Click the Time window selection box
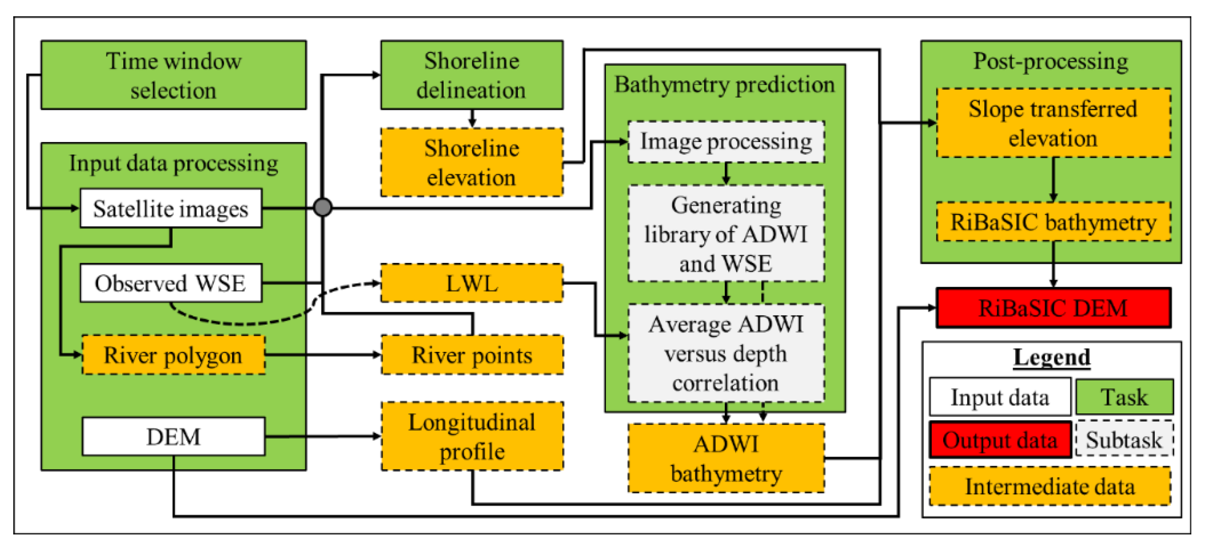(x=173, y=75)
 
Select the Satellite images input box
(x=171, y=208)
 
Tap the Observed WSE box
(x=171, y=283)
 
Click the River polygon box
(x=173, y=354)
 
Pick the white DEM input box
(x=173, y=437)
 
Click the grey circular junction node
(x=323, y=207)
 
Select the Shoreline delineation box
(x=471, y=75)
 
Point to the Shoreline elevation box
(x=471, y=162)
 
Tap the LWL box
(x=471, y=283)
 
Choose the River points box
(x=471, y=354)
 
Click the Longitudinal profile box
(x=471, y=436)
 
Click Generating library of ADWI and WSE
(x=726, y=234)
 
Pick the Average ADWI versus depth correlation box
(x=726, y=353)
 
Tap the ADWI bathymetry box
(x=726, y=458)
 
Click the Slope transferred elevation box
(x=1053, y=123)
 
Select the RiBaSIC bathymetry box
(x=1053, y=222)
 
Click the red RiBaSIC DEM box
(x=1053, y=308)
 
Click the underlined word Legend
(x=1052, y=357)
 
